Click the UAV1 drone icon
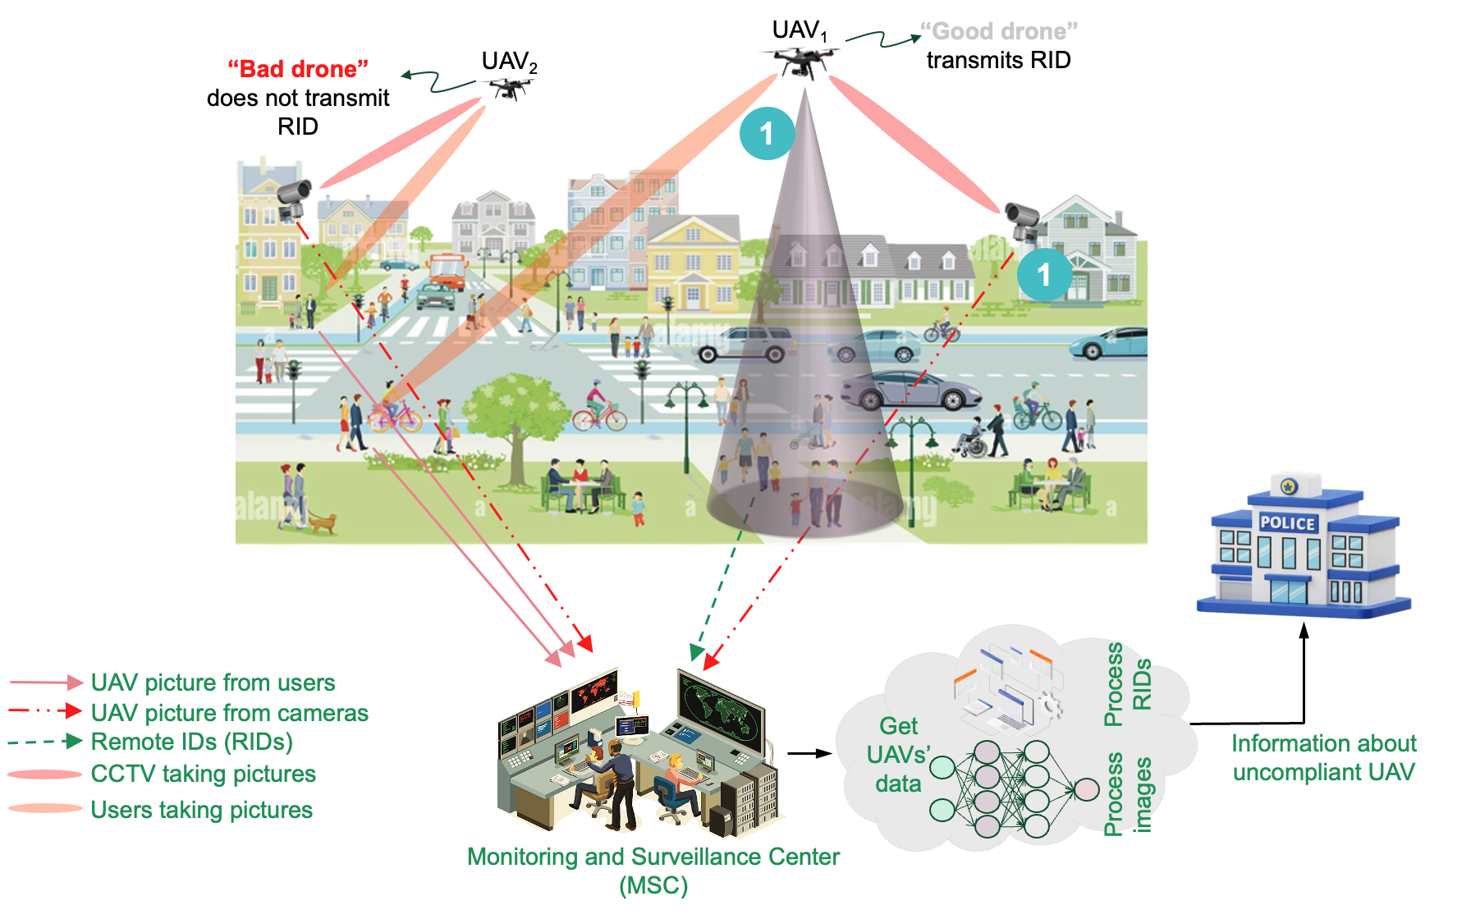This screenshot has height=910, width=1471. tap(800, 60)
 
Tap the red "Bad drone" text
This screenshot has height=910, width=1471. tap(297, 69)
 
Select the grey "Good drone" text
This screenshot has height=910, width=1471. tap(998, 31)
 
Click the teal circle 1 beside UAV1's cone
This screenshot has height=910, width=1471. tap(767, 133)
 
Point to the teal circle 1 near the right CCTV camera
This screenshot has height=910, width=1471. tap(1044, 274)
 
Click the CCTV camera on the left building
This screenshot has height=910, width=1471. tap(292, 197)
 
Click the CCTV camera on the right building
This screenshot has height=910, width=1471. tap(1023, 219)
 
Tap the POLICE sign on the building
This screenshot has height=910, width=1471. tap(1287, 523)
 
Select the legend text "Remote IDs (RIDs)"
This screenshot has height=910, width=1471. tap(191, 742)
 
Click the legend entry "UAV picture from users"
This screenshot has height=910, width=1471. tap(213, 682)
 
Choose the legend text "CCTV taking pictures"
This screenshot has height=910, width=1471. tap(203, 774)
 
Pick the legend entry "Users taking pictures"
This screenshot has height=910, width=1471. tap(201, 810)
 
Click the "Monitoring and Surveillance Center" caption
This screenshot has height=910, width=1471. tap(653, 857)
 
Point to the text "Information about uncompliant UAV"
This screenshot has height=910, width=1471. tap(1323, 757)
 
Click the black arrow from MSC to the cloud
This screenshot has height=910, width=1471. tap(809, 753)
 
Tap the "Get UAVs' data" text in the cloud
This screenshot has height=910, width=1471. tap(898, 754)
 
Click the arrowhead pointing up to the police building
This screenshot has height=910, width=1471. tap(1304, 631)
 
